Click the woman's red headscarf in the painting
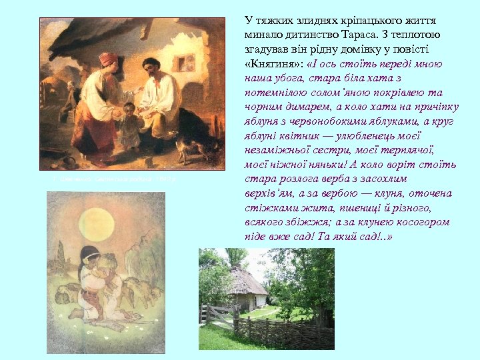(x=108, y=59)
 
